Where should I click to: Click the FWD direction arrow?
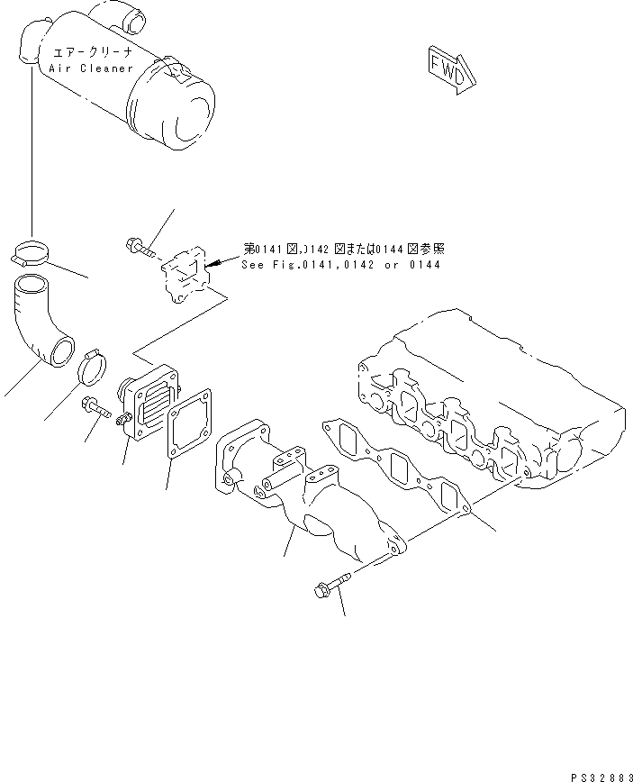click(x=448, y=70)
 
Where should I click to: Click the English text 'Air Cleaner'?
click(x=87, y=68)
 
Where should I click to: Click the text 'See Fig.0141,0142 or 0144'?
click(x=340, y=265)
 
